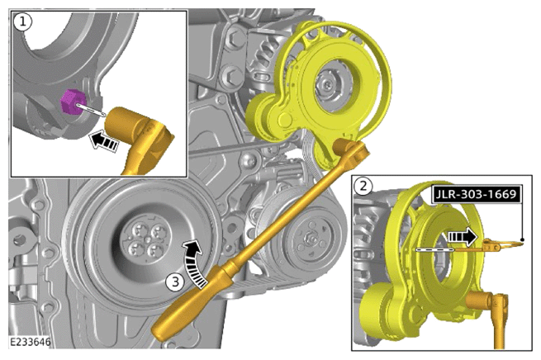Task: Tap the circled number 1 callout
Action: click(22, 22)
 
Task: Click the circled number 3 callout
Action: click(176, 282)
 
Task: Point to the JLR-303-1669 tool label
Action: click(476, 194)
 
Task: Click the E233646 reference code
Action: click(31, 342)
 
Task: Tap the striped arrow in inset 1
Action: click(103, 141)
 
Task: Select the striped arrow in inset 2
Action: click(463, 237)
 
